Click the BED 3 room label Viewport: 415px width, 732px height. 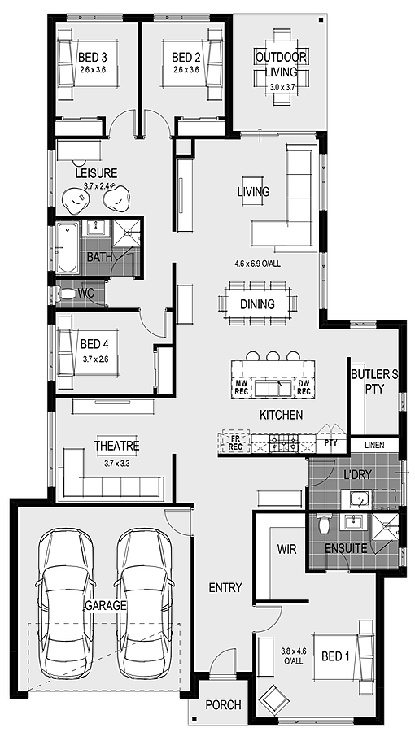coord(93,58)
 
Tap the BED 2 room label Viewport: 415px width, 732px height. coord(186,58)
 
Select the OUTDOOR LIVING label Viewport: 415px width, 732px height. coord(281,64)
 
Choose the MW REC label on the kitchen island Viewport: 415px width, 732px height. coord(242,387)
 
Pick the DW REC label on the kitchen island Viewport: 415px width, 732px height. coord(304,387)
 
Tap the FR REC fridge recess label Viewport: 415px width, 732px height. coord(235,442)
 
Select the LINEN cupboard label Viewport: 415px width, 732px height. coord(374,446)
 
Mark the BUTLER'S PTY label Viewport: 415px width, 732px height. coord(373,381)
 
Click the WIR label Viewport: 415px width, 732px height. coord(285,550)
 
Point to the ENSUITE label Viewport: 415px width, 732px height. coord(345,549)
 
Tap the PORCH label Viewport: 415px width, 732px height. coord(222,705)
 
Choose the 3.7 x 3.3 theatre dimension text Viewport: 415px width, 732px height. coord(117,463)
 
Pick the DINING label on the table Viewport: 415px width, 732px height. coord(257,304)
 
